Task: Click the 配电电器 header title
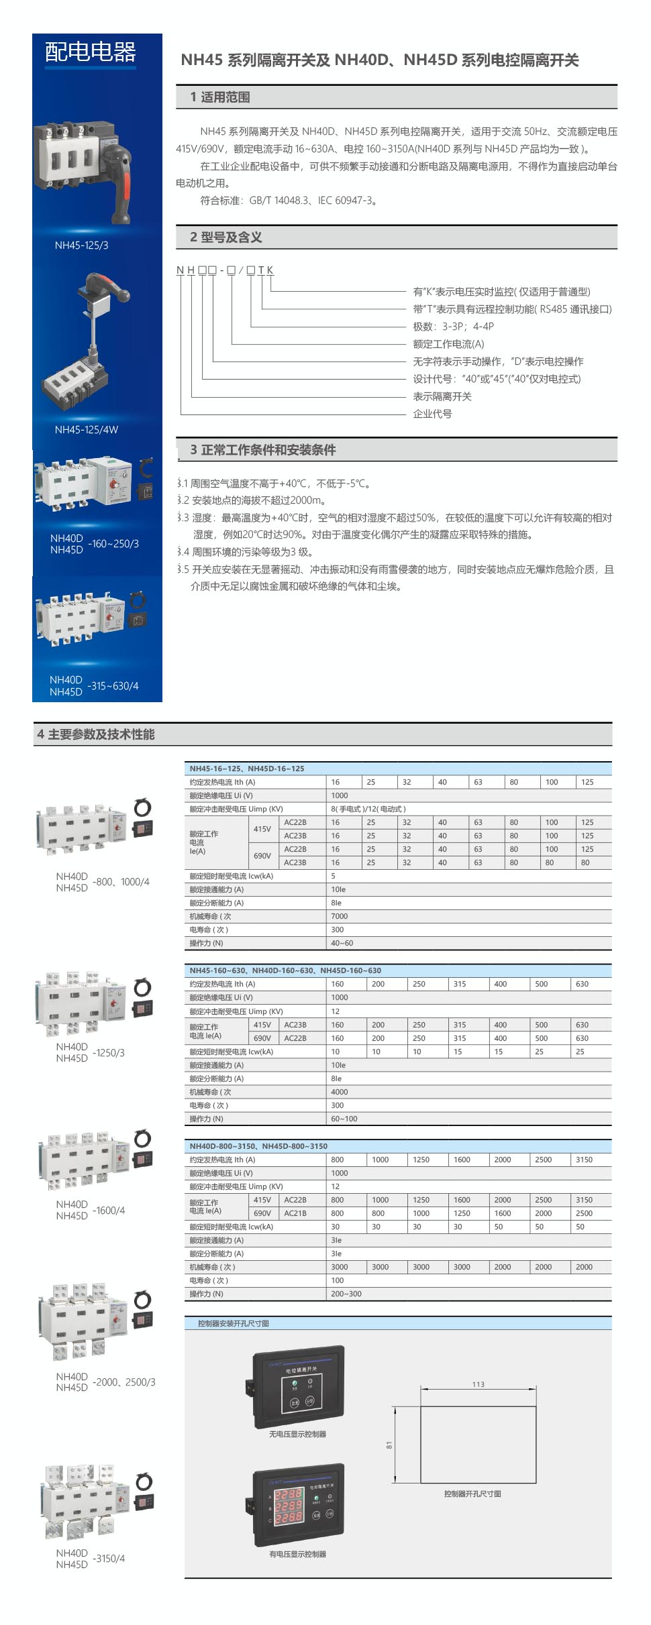click(90, 52)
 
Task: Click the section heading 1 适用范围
click(219, 97)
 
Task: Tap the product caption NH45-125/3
click(81, 245)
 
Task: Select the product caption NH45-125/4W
click(86, 430)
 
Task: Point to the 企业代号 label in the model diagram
click(432, 414)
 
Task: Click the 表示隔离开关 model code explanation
click(442, 396)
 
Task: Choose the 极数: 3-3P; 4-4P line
click(453, 327)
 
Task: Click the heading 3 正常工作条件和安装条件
click(262, 450)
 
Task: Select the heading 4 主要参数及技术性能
click(96, 734)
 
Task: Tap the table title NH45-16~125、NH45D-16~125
click(246, 769)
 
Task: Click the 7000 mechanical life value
click(339, 916)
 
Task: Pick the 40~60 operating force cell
click(342, 943)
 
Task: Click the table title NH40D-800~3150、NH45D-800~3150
click(258, 1146)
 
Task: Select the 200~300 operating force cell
click(346, 1294)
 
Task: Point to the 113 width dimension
click(478, 1384)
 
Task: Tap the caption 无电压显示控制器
click(297, 1434)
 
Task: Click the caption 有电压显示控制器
click(297, 1554)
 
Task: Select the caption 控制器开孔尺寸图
click(472, 1494)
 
